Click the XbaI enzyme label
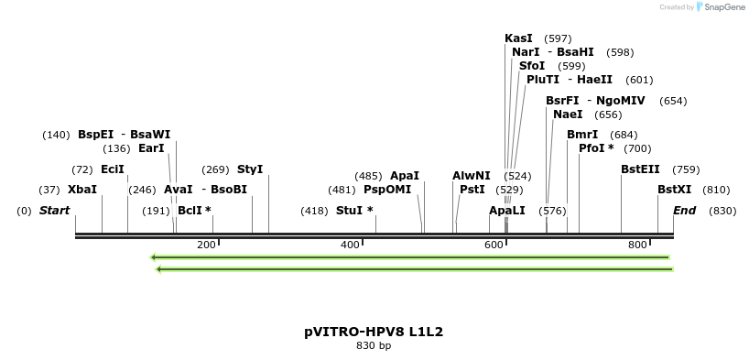click(82, 190)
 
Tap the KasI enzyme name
click(518, 38)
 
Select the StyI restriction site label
click(250, 169)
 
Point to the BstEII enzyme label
click(640, 169)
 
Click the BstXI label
click(675, 190)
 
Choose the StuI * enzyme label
click(354, 211)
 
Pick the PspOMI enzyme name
click(387, 190)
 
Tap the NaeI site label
click(568, 115)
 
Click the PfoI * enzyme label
click(596, 148)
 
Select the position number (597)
click(558, 38)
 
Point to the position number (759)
click(686, 169)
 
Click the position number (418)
click(314, 211)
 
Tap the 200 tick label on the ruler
click(206, 245)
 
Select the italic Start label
click(54, 211)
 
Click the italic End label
click(684, 211)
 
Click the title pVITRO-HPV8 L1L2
click(374, 332)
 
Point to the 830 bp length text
click(374, 346)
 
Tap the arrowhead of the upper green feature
click(154, 257)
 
